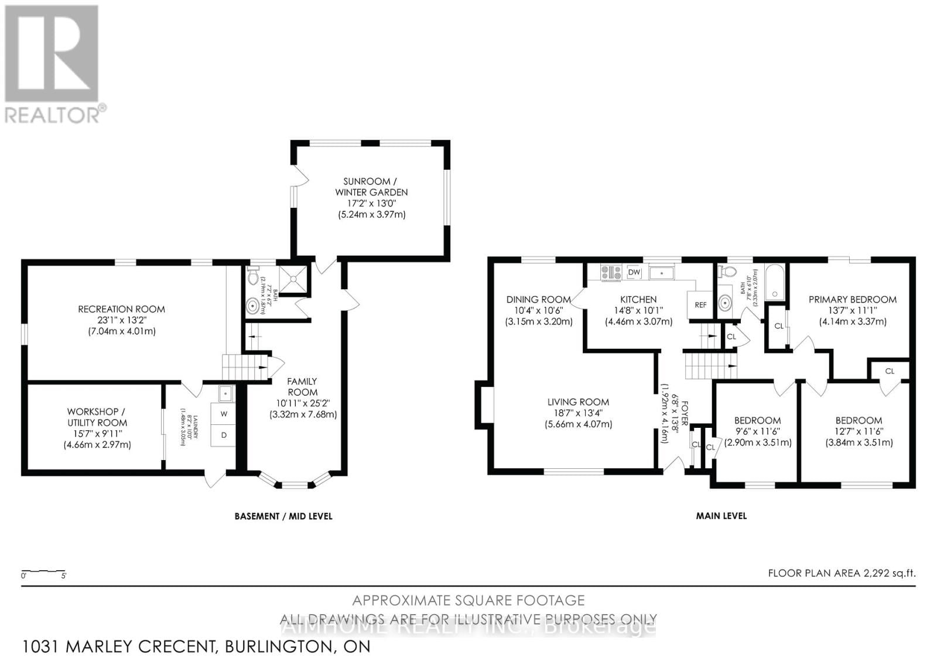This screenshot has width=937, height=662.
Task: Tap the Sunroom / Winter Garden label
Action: tap(371, 187)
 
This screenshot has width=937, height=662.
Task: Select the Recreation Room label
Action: tap(121, 309)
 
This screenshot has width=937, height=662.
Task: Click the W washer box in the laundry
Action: tap(224, 414)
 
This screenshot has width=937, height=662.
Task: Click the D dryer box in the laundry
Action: tap(224, 435)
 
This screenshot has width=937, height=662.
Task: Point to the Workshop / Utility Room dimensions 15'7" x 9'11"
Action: tap(97, 434)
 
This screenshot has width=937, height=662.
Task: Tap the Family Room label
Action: tap(302, 387)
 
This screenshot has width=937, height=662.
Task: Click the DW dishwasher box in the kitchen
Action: tap(634, 272)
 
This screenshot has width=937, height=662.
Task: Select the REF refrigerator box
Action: tap(700, 305)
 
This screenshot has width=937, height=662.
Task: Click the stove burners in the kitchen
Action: tap(611, 272)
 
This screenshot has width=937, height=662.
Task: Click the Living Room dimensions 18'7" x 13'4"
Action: tap(578, 413)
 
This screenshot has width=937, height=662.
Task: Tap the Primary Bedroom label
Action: tap(852, 300)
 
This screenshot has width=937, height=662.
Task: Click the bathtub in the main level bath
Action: tap(775, 283)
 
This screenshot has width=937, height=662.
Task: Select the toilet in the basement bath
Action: tap(253, 275)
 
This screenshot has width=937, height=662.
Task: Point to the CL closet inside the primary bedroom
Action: tap(778, 326)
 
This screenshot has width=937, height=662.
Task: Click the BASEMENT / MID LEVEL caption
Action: tap(283, 516)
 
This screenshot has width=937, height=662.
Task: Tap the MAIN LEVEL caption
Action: tap(721, 516)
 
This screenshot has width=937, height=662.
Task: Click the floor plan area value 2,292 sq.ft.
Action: tap(890, 574)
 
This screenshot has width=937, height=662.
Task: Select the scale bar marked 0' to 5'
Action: tap(43, 572)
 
